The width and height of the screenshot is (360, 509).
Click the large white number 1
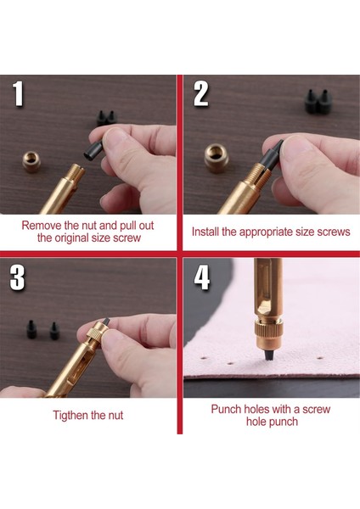coord(19,93)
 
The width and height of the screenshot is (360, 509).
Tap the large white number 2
coord(201,93)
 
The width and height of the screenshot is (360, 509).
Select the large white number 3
coord(17,277)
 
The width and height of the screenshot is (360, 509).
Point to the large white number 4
coord(202,277)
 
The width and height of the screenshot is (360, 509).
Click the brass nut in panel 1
coord(31,161)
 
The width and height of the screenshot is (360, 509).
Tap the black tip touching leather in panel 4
coord(269,354)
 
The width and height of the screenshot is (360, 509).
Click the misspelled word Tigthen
coord(70,415)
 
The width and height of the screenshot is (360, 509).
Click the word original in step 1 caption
coord(71,238)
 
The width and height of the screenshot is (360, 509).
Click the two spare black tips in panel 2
coord(318,101)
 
